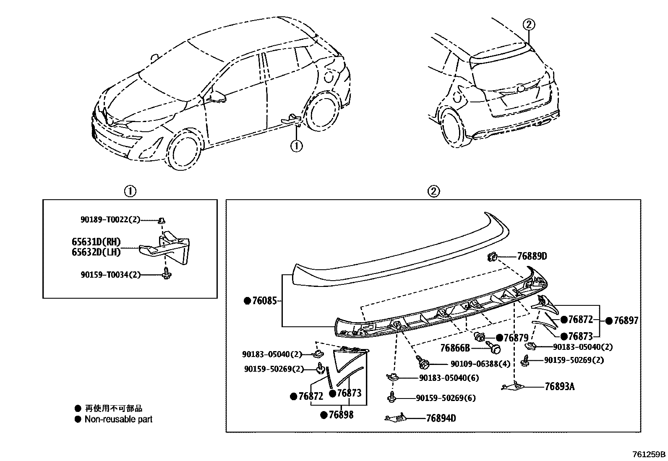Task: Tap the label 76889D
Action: coord(532,256)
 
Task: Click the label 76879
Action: coord(516,338)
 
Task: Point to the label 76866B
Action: coord(454,348)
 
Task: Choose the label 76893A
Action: coord(559,386)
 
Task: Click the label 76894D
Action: coord(441,418)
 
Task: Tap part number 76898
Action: coord(341,415)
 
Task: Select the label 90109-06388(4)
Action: coord(480,364)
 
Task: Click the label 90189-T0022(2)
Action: coord(110,219)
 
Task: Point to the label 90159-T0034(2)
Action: coord(110,275)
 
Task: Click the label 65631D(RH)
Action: coord(96,242)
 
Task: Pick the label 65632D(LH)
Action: coord(96,252)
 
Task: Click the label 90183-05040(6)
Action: coord(449,378)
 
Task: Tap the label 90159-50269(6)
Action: coord(446,398)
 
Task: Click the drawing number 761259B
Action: coord(649,454)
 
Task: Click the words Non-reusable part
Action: coord(118,419)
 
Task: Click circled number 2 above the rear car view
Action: coord(529,25)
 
